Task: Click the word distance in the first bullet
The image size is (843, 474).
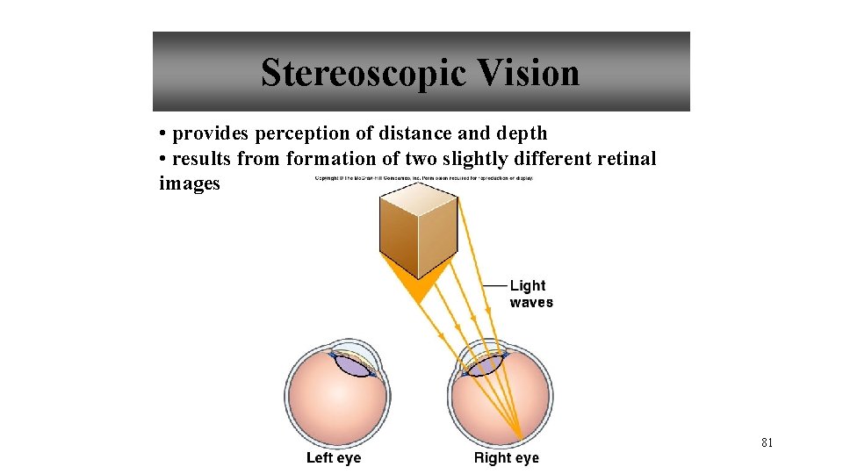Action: coord(412,134)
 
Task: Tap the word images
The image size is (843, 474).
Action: coord(190,183)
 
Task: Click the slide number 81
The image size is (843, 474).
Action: coord(767,443)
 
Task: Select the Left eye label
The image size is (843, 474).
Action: coord(333,457)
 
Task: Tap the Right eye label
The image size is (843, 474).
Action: coord(507,457)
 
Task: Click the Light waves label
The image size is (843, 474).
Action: coord(531,294)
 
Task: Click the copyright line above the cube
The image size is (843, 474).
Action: coord(424,179)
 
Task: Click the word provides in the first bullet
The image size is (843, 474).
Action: coord(211,134)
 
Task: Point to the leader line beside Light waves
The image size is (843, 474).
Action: coord(495,285)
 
